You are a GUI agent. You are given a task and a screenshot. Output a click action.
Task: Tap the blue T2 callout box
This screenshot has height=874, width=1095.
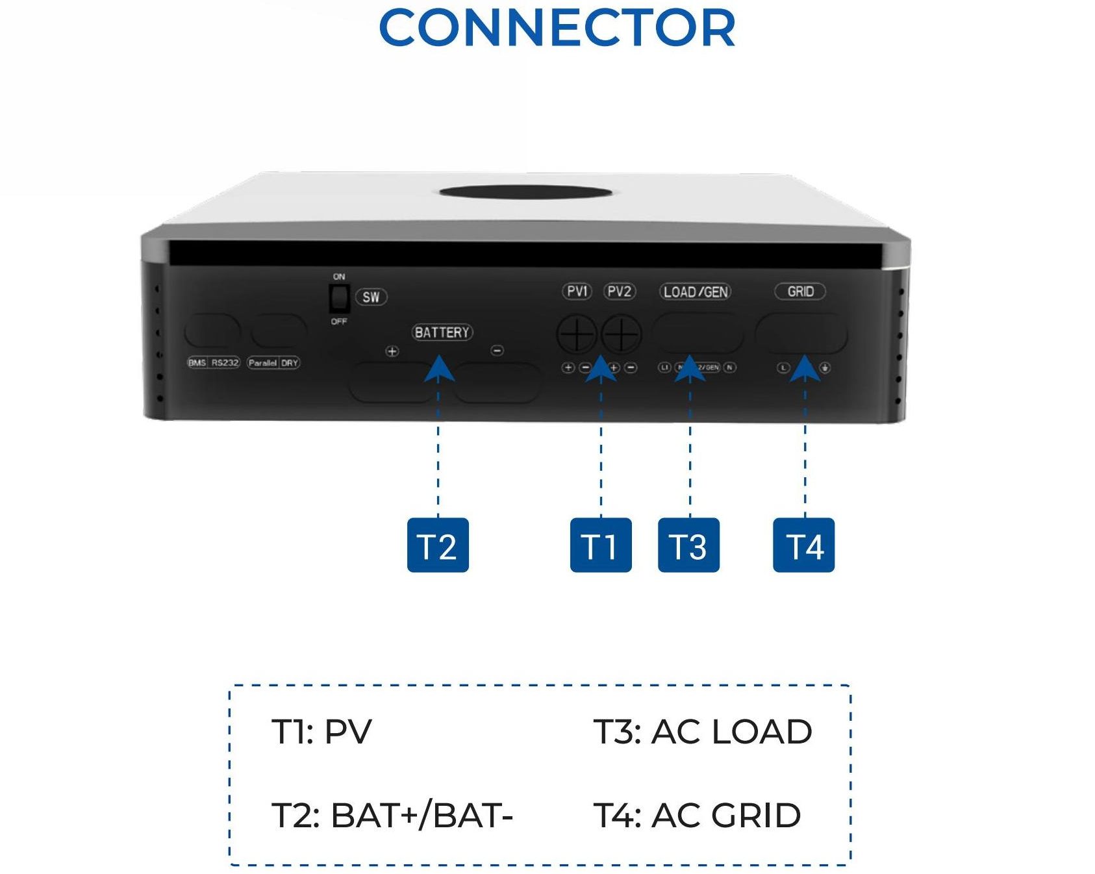coord(437,545)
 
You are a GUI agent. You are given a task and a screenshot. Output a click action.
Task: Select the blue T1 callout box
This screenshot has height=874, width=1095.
coord(600,545)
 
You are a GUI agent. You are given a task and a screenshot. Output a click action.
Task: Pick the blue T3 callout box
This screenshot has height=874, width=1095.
coord(688,545)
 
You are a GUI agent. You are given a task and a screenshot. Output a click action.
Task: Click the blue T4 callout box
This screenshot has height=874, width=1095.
coord(803,545)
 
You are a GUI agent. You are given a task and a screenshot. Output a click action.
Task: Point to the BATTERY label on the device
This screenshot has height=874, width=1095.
coord(442,332)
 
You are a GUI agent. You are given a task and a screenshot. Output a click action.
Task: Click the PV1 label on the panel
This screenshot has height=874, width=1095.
coord(577,292)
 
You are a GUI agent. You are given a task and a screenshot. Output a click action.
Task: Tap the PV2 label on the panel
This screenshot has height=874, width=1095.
coord(619,292)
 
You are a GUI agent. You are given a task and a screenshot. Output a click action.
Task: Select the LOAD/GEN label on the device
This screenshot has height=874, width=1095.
coord(696,292)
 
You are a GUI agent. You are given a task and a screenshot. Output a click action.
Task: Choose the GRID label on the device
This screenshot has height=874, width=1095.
coord(800,292)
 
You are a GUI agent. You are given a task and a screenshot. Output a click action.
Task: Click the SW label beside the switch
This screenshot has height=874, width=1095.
coord(371,297)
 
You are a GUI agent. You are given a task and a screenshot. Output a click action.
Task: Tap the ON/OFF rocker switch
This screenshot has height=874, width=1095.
coord(339,299)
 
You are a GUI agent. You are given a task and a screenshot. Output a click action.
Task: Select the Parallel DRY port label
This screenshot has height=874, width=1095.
coord(273,363)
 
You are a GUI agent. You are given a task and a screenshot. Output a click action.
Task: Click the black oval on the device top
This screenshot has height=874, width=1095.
coord(525,192)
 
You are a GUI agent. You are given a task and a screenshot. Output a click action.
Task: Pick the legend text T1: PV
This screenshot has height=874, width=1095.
coord(321,732)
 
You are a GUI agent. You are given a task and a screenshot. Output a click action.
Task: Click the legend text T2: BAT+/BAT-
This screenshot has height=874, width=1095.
coord(392,816)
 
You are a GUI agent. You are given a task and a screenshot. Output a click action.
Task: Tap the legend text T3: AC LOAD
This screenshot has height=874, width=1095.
coord(703,732)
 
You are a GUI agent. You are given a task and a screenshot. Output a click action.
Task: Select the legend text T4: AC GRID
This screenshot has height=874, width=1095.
coord(697,816)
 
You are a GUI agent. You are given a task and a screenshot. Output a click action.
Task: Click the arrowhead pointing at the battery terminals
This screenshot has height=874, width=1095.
coord(439,369)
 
